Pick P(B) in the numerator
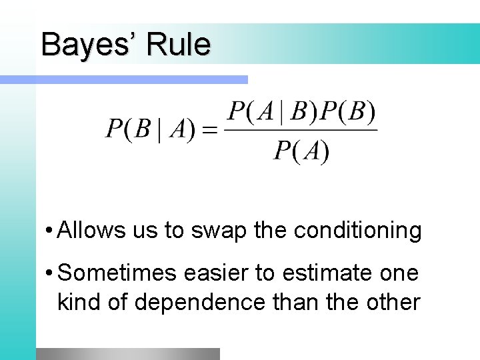click(x=348, y=112)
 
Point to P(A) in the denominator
click(x=301, y=152)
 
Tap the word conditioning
click(x=357, y=231)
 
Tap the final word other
click(x=392, y=302)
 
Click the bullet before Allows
click(x=51, y=231)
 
